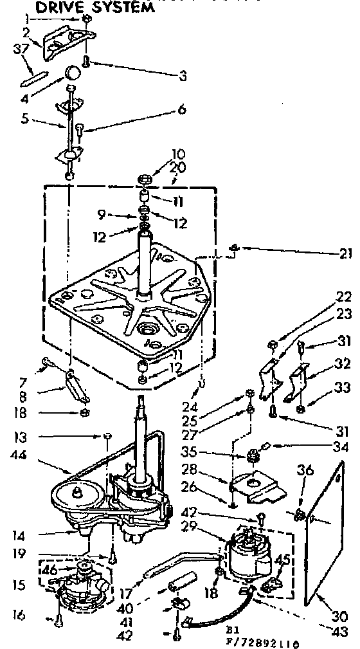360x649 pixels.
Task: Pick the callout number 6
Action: click(x=182, y=109)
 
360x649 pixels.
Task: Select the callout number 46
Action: click(x=50, y=570)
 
